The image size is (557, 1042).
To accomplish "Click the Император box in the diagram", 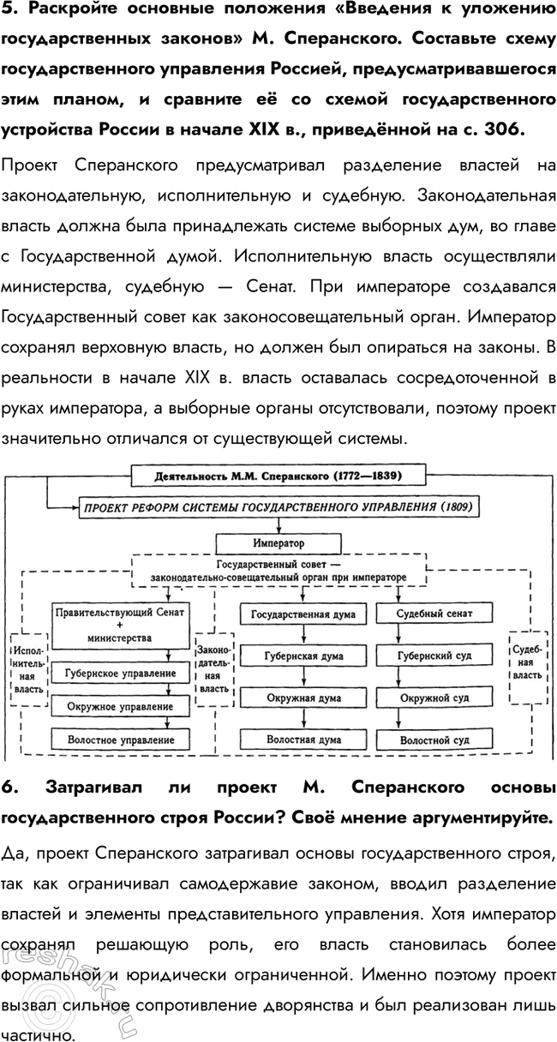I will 278,543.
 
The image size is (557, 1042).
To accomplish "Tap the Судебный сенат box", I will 434,614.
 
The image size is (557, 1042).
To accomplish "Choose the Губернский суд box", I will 434,656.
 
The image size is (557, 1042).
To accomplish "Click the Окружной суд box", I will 434,698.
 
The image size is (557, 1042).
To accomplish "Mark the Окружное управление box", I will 120,707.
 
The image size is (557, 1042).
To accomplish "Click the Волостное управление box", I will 120,739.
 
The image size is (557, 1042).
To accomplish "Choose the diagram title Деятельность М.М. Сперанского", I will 278,474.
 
